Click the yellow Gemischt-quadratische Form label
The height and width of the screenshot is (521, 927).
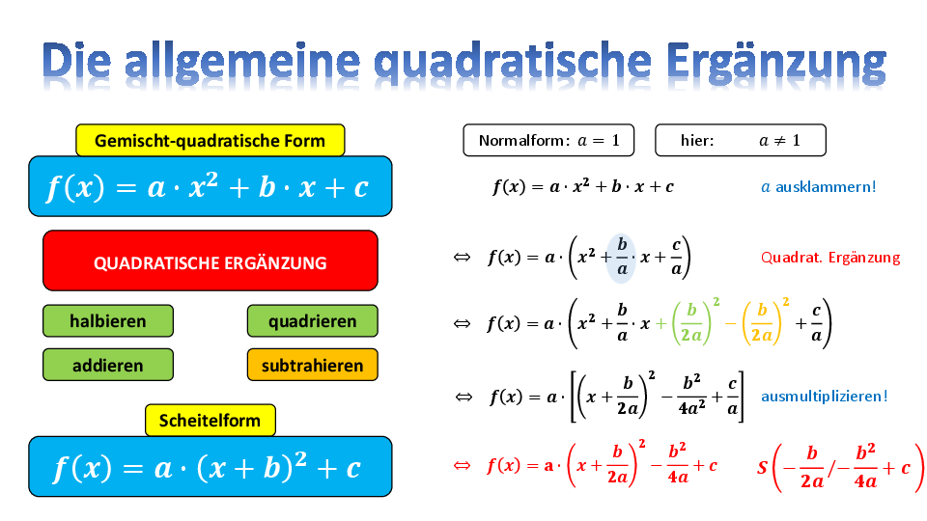[210, 141]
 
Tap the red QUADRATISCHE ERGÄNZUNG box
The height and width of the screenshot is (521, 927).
[210, 260]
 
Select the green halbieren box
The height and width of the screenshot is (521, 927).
[107, 320]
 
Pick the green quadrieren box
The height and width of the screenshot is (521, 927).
[312, 320]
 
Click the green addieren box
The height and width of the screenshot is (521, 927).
[107, 365]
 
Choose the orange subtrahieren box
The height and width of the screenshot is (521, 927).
[312, 365]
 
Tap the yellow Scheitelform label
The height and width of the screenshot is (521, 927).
[210, 420]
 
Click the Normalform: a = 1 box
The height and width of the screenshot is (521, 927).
[548, 140]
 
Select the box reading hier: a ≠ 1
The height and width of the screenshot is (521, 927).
[741, 140]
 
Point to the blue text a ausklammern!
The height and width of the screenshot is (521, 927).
[818, 187]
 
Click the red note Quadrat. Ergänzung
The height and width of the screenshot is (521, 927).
[830, 258]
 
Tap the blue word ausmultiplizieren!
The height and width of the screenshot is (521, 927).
[824, 396]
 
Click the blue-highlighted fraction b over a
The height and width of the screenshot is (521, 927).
[621, 258]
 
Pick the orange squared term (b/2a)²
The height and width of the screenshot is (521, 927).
[766, 322]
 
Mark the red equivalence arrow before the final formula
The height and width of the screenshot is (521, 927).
[462, 465]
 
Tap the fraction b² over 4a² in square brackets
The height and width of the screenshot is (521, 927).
[691, 396]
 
